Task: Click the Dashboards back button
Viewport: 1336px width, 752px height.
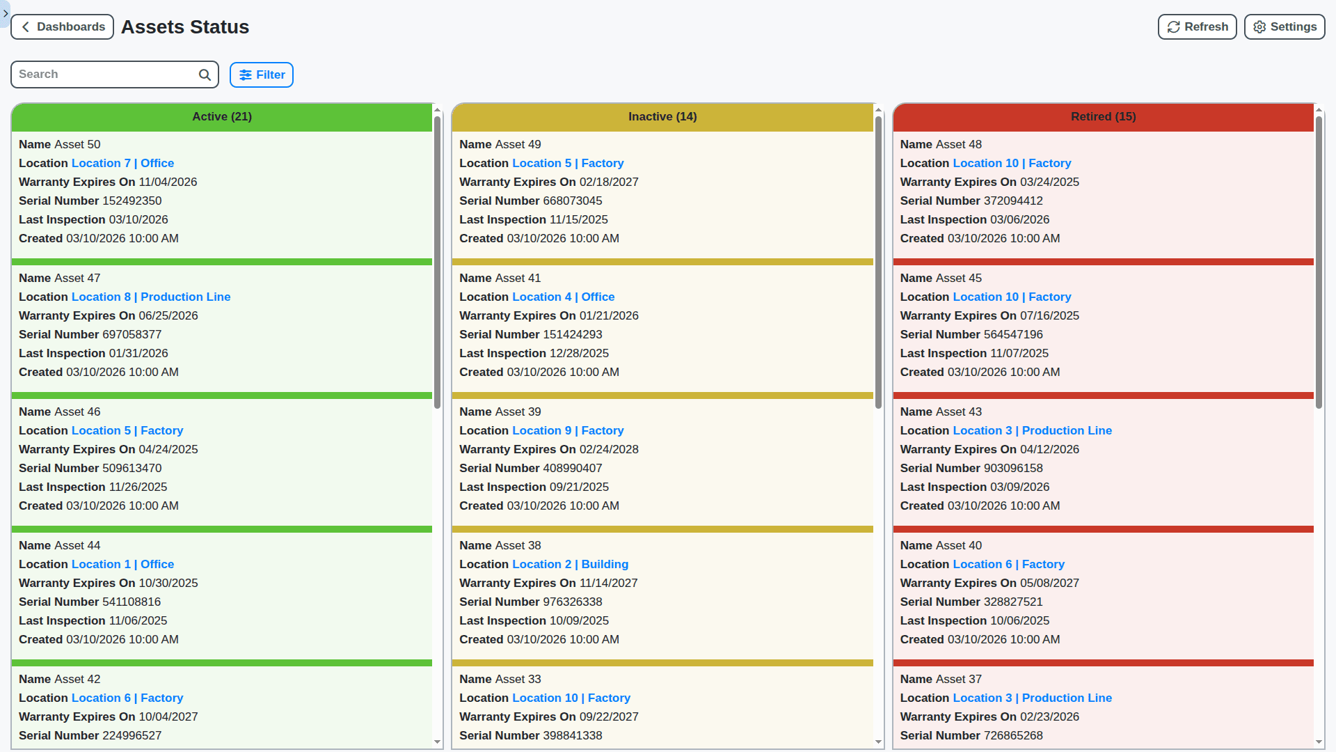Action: [63, 27]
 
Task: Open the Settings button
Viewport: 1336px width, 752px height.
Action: [1284, 27]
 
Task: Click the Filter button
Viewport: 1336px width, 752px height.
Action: [262, 75]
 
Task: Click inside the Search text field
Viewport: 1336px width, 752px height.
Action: [104, 75]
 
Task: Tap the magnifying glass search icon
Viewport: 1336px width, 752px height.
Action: [205, 75]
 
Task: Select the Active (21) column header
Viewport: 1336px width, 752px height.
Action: [222, 117]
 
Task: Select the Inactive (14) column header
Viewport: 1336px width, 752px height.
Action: [662, 117]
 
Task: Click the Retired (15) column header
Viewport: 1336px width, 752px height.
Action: [1103, 117]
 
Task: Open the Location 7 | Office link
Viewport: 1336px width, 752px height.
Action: [122, 164]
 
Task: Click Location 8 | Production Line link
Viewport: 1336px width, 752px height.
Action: [151, 297]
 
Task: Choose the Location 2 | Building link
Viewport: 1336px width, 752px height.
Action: [570, 565]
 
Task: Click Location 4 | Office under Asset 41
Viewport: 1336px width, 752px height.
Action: [563, 297]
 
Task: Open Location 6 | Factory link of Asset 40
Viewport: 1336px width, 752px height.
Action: [1008, 565]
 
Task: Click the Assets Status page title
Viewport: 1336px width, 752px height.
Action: [185, 27]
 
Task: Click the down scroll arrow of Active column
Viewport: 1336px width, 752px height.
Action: [438, 742]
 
